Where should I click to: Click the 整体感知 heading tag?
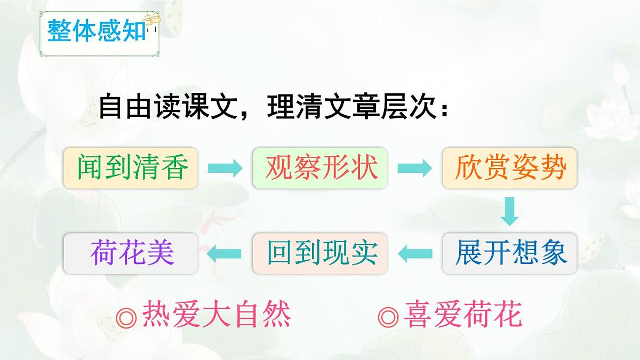coord(97,30)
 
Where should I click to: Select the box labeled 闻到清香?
coord(131,168)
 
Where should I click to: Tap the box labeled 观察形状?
coord(321,168)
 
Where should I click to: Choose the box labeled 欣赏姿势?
coord(510,168)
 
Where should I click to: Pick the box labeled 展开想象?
coord(510,253)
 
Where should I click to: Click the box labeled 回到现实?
coord(321,253)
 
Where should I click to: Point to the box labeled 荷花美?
coord(131,253)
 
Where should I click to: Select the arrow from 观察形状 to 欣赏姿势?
coord(414,169)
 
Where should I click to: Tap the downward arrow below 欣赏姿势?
coord(510,211)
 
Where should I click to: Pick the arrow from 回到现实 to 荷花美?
coord(225,254)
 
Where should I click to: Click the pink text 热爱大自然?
coord(216,315)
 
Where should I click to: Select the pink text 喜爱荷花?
coord(462,315)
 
